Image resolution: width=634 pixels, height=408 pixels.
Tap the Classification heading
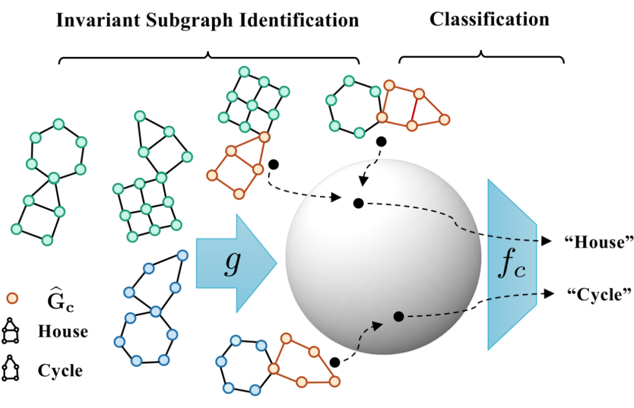click(489, 19)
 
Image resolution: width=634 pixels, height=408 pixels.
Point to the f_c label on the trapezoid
click(511, 266)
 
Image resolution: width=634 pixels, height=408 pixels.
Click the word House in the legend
click(62, 332)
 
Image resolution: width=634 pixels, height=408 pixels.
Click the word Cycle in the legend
click(60, 370)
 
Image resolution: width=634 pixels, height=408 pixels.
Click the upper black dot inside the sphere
click(358, 203)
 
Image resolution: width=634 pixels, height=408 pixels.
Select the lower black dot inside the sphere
click(399, 317)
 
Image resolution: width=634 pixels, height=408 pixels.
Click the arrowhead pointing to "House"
click(548, 242)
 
